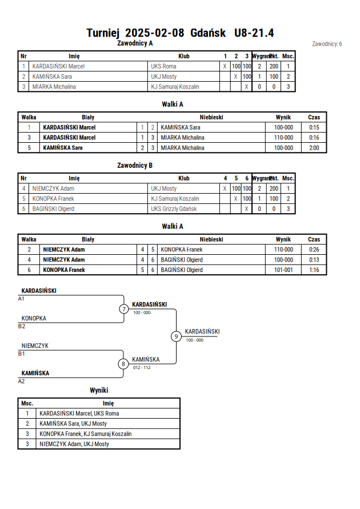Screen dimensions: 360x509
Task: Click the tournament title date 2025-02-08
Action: [154, 33]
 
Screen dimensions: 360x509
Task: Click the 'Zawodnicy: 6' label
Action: [327, 44]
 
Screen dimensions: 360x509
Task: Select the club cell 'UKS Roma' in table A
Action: [163, 66]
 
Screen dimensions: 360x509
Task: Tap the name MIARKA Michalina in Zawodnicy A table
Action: [54, 87]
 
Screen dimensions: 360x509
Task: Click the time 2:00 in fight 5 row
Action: [314, 148]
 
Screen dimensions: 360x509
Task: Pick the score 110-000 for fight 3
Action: [283, 138]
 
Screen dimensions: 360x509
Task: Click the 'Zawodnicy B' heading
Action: [135, 165]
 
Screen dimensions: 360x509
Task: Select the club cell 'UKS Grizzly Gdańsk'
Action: [174, 209]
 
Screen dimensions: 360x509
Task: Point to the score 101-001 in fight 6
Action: [283, 270]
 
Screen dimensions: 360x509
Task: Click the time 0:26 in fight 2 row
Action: [314, 250]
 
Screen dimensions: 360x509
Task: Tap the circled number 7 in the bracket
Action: [123, 308]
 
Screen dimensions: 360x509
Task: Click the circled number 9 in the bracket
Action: [176, 336]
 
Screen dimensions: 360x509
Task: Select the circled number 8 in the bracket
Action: [123, 364]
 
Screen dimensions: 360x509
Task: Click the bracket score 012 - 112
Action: [142, 367]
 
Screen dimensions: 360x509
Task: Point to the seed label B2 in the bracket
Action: [21, 326]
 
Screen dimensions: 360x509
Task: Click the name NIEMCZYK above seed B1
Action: [35, 346]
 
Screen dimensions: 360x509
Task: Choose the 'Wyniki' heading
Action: [99, 390]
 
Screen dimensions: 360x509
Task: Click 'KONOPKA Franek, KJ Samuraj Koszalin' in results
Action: [86, 434]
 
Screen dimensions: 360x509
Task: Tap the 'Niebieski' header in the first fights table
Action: [211, 117]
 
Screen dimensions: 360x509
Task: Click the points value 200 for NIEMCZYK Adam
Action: [274, 189]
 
